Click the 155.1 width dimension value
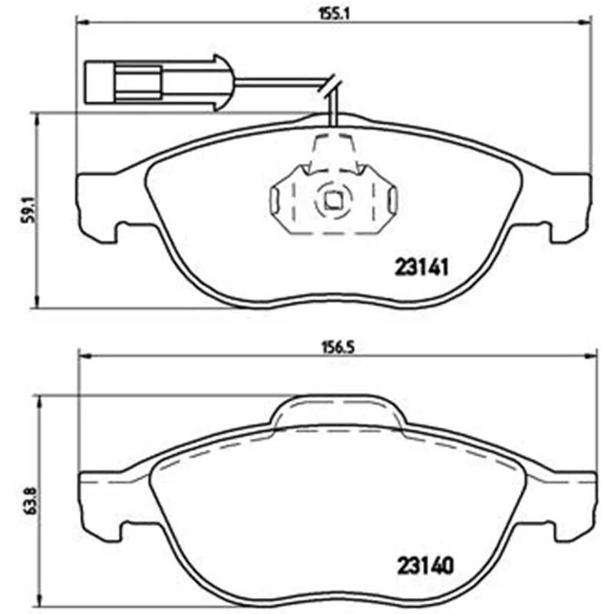tap(332, 15)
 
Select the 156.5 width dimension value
tap(338, 348)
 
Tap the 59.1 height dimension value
tap(28, 210)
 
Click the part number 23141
tap(421, 267)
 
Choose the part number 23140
tap(425, 566)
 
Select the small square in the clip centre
tap(333, 201)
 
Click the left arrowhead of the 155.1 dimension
tap(81, 23)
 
